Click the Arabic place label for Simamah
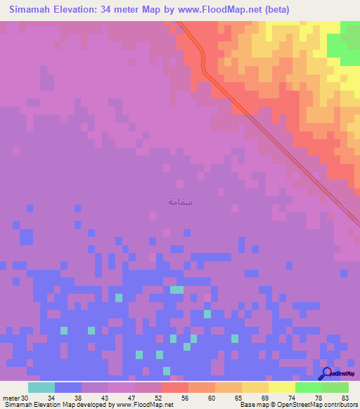point(181,202)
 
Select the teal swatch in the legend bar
point(41,387)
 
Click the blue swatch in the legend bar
point(68,387)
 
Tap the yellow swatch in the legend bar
point(281,387)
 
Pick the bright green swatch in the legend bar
point(308,387)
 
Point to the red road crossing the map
point(281,141)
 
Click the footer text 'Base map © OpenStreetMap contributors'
point(297,404)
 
